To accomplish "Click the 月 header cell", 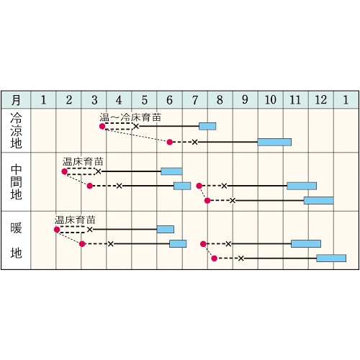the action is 16,99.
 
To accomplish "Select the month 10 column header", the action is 271,99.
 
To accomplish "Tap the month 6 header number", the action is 169,100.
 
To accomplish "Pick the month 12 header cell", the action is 321,99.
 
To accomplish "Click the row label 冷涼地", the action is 16,130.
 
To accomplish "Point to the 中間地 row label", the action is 16,182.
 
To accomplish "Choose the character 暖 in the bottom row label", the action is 16,228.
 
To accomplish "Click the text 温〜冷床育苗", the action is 130,117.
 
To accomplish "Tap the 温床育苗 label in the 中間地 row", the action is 83,162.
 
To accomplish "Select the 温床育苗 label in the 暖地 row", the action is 75,220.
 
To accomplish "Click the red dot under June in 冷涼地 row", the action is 170,142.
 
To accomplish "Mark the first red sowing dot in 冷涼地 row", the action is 102,126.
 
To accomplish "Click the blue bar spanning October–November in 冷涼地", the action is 274,142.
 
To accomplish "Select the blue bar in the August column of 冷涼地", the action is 207,126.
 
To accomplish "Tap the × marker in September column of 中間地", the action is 233,200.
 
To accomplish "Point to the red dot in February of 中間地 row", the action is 64,171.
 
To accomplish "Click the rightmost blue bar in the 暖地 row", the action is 331,258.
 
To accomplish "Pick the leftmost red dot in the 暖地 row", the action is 57,230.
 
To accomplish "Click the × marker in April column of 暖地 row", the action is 110,244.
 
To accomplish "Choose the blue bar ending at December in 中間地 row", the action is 302,186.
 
